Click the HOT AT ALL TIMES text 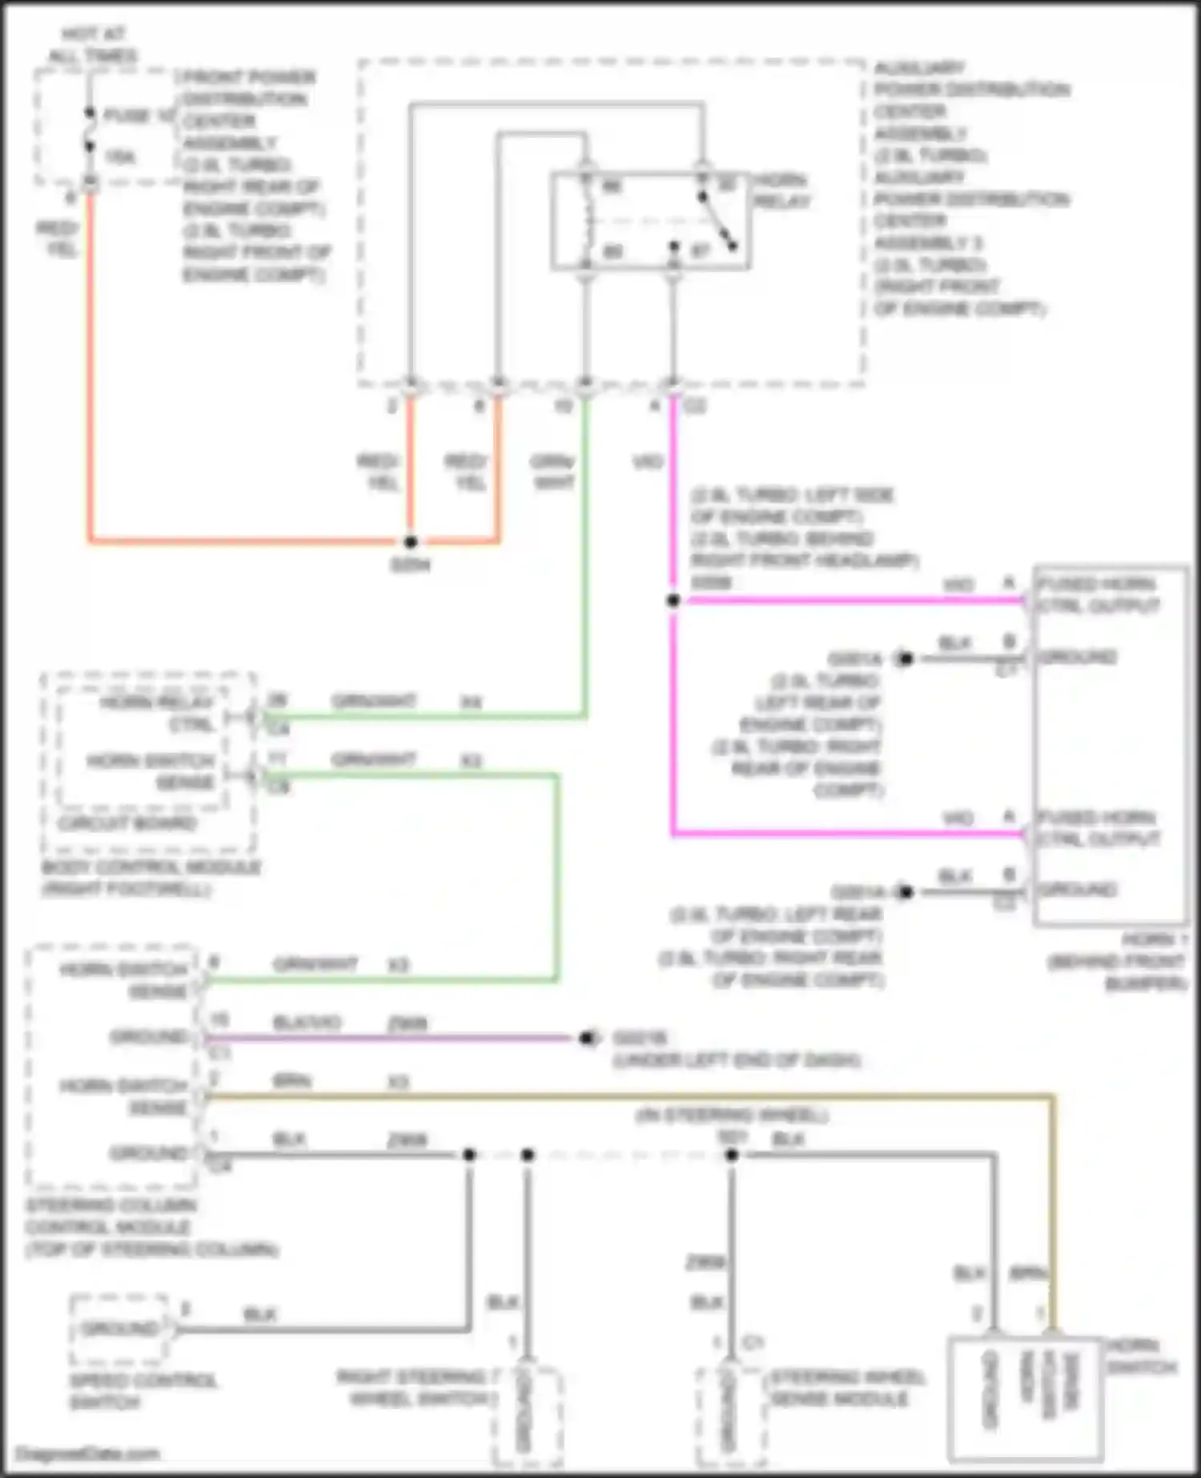tap(92, 45)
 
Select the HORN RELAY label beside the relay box tap(782, 191)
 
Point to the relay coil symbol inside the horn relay tap(588, 220)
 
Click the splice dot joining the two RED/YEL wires tap(411, 542)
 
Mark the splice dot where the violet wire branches tap(673, 600)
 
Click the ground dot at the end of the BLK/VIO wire tap(586, 1038)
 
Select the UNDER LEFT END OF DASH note tap(737, 1060)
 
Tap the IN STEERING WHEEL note tap(732, 1114)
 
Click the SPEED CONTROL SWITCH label tap(143, 1392)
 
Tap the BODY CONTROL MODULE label tap(151, 878)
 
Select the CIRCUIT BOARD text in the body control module tap(127, 823)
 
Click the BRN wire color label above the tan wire tap(291, 1081)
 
